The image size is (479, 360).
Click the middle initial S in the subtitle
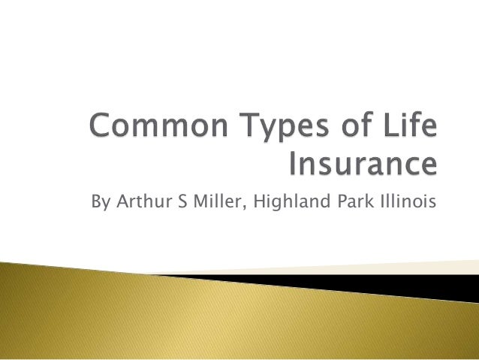point(179,203)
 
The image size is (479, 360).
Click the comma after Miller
point(242,209)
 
